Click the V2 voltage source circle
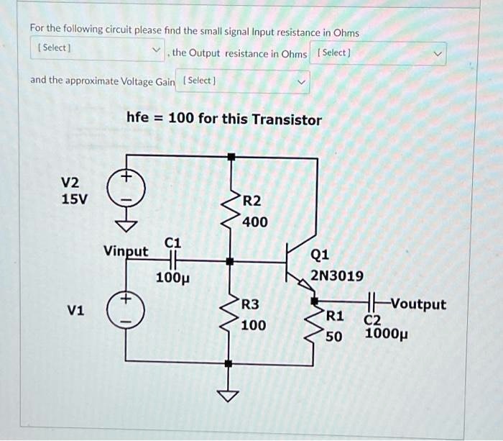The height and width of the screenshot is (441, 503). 126,188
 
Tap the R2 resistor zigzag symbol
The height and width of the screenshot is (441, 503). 231,209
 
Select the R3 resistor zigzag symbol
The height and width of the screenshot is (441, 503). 231,313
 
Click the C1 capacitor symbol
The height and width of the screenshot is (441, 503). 173,261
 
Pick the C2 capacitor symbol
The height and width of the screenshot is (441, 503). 372,302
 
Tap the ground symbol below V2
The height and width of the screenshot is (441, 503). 126,226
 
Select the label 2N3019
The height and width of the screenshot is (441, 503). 337,276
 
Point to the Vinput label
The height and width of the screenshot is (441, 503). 126,251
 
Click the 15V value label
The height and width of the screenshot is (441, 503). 74,199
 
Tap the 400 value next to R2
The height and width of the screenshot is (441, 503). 254,222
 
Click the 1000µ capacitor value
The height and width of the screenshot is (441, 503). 387,334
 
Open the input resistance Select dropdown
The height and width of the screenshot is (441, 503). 96,49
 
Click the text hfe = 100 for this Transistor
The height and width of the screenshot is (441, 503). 223,119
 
